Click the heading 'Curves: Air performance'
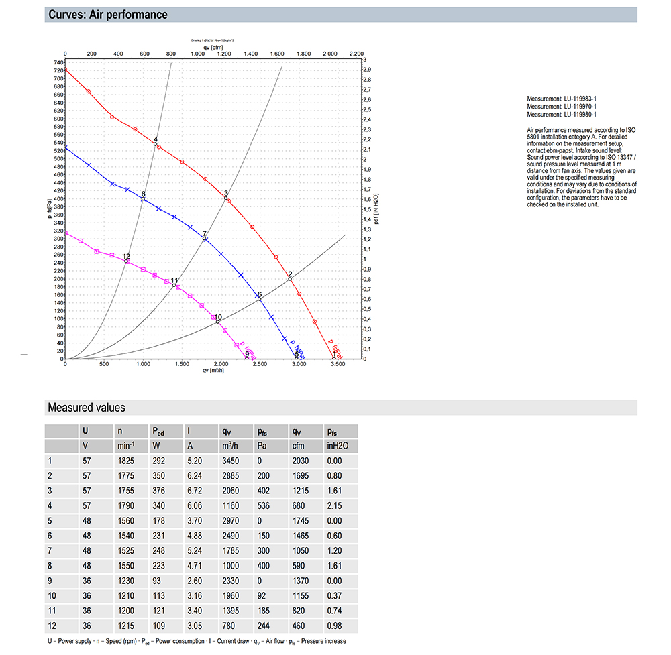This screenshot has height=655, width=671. click(108, 15)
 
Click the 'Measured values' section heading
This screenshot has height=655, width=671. click(86, 408)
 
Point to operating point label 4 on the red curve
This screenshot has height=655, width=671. click(156, 139)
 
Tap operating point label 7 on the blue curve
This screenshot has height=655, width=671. click(205, 233)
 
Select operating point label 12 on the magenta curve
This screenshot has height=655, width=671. click(126, 256)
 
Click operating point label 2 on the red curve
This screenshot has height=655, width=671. click(290, 274)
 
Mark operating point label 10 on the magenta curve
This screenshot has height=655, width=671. click(218, 317)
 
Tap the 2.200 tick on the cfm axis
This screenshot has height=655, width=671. click(356, 54)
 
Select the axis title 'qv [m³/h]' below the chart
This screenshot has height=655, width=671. click(211, 371)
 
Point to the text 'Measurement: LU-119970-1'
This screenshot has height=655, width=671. click(562, 107)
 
